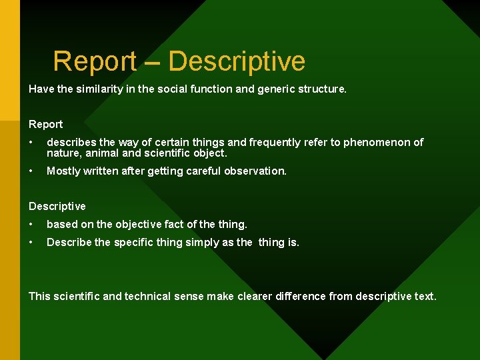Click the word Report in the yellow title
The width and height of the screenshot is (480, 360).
(x=94, y=61)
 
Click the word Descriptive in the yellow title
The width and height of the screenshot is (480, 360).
(x=237, y=61)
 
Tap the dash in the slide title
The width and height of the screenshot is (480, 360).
(x=152, y=62)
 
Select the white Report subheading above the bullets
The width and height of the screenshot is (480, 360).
(x=46, y=125)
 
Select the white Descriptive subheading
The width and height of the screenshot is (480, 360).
(x=57, y=207)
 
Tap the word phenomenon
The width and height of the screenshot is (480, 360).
(x=377, y=142)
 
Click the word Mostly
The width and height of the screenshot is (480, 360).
(x=63, y=171)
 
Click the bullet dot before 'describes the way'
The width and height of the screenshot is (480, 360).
(x=32, y=143)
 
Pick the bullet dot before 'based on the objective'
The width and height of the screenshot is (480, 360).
(x=32, y=225)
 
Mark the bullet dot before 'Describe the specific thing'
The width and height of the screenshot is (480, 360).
(x=32, y=243)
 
